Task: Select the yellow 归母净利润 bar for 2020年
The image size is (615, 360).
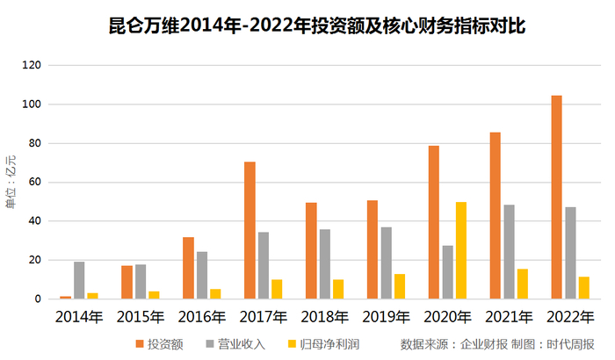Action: [461, 250]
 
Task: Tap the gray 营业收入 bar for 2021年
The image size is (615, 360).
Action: [509, 252]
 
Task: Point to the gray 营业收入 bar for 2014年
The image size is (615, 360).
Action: [79, 280]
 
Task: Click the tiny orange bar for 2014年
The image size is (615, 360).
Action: [65, 298]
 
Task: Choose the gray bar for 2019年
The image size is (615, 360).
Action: [386, 263]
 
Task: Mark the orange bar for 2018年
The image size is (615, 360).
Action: [311, 251]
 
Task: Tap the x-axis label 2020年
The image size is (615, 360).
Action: [447, 316]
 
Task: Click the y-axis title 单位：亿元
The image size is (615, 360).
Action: [11, 182]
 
